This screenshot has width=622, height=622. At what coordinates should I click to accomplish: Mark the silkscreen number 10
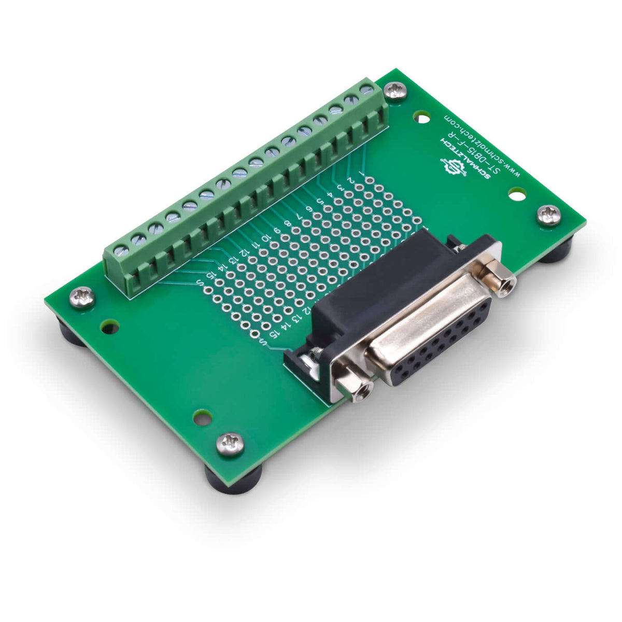pos(265,238)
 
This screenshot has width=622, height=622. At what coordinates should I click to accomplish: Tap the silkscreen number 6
pos(309,208)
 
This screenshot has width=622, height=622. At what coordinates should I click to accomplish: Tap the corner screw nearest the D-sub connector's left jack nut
pos(230,444)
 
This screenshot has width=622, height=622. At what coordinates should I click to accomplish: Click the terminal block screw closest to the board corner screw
pos(366,90)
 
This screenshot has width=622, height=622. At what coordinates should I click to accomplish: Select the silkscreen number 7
pos(299,216)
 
